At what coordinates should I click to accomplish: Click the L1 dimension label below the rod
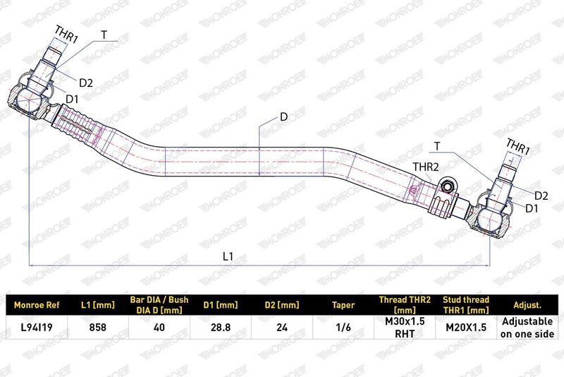coord(228,256)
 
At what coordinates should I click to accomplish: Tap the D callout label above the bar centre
coord(284,117)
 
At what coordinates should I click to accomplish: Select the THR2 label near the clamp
coord(426,167)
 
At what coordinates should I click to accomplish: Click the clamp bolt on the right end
coord(448,186)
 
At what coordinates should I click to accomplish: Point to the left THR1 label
coord(66,35)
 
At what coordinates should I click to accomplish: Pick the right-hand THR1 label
coord(518,147)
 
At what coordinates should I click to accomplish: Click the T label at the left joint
coord(104,35)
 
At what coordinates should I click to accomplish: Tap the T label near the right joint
coord(437,146)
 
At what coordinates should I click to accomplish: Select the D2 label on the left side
coord(86,83)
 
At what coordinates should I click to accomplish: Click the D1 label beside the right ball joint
coord(532,208)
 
